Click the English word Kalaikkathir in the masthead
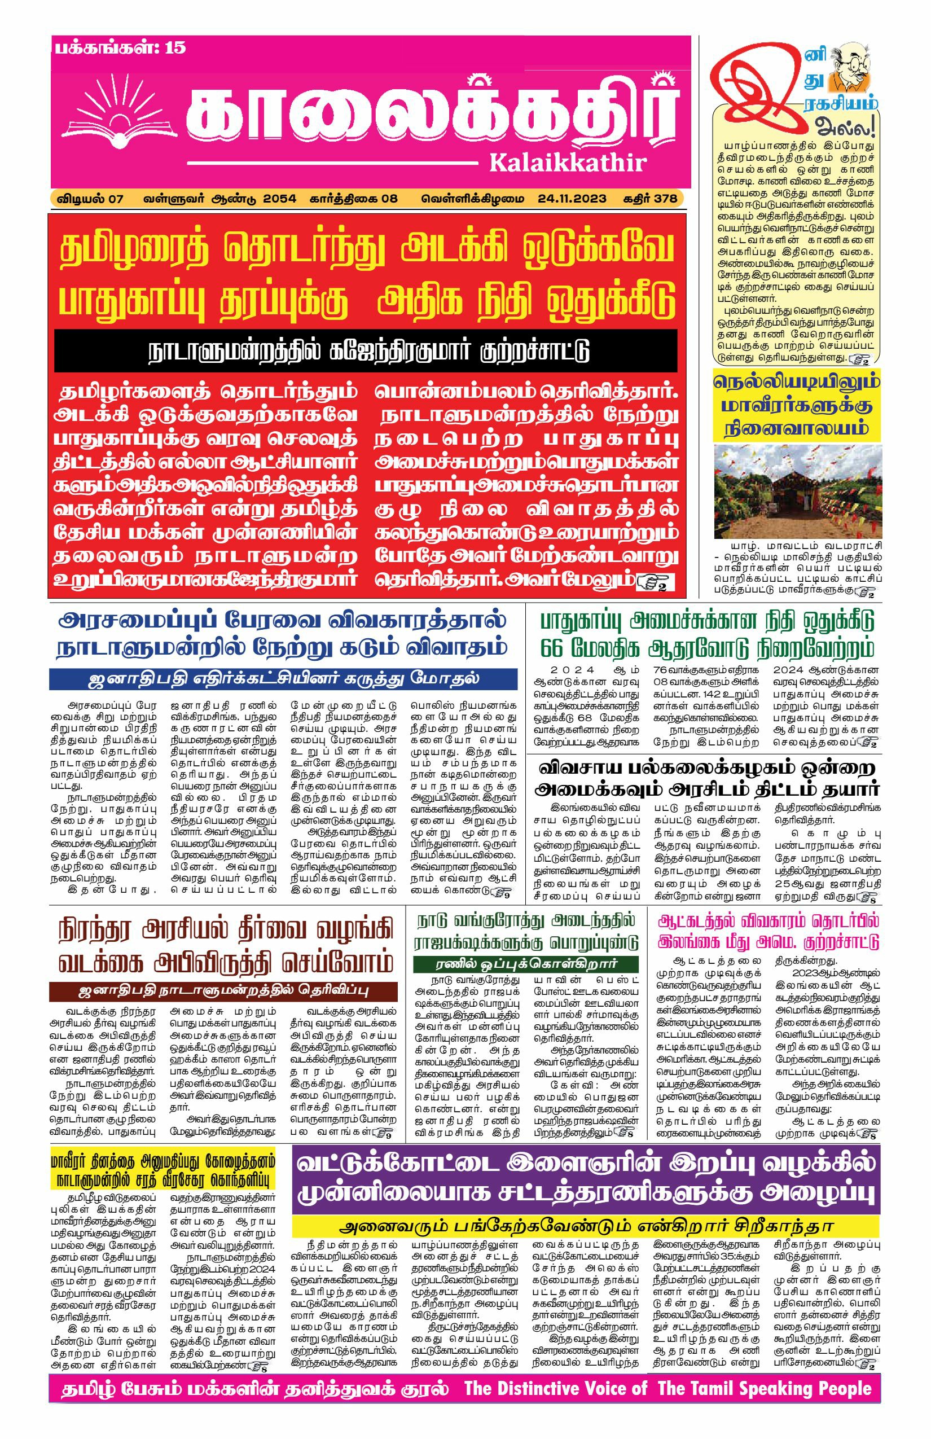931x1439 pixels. pyautogui.click(x=568, y=162)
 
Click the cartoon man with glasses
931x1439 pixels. pyautogui.click(x=849, y=69)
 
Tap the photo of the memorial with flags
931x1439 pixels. pyautogui.click(x=797, y=491)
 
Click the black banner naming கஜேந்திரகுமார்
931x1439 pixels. pyautogui.click(x=366, y=350)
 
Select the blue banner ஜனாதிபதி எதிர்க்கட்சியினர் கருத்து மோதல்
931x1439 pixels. pyautogui.click(x=284, y=678)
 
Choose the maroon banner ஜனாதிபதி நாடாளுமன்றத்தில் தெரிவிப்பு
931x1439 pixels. pyautogui.click(x=223, y=991)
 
